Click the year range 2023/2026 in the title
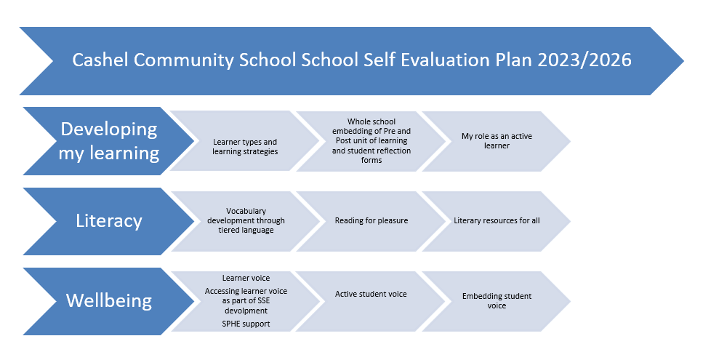[x=585, y=60]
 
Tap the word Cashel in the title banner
[x=100, y=60]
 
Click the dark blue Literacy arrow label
[x=109, y=221]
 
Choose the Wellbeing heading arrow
[x=109, y=301]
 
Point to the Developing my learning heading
[x=109, y=141]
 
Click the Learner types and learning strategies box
[x=245, y=141]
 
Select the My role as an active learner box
[x=497, y=141]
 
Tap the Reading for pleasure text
[x=371, y=220]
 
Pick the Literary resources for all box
[x=497, y=221]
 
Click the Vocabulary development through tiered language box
[x=246, y=221]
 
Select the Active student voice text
[x=371, y=294]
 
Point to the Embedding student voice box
[x=497, y=301]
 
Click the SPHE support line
[x=246, y=324]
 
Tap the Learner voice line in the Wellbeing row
[x=246, y=278]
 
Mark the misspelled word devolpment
[x=246, y=311]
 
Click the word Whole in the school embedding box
[x=358, y=121]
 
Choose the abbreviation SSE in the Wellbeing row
[x=264, y=301]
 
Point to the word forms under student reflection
[x=371, y=160]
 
